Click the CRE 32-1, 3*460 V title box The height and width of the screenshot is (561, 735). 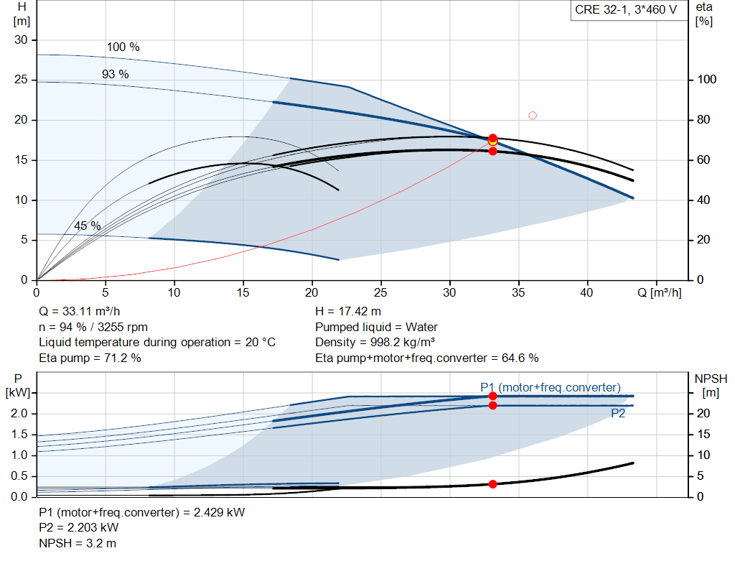625,10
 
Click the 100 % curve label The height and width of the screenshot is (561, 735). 123,47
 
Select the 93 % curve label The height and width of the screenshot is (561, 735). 115,74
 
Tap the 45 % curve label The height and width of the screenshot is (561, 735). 88,226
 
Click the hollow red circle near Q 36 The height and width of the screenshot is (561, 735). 533,116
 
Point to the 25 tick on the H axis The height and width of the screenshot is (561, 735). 21,80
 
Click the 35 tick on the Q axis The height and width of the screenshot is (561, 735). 518,292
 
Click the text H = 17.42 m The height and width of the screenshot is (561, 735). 348,312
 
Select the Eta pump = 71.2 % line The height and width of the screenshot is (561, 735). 90,358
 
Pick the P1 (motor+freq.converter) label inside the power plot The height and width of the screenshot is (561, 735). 551,388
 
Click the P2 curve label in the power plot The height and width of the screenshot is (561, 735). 619,413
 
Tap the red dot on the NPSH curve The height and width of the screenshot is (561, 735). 492,484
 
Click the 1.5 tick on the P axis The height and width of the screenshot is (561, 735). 19,434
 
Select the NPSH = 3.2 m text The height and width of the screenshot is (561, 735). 78,543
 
